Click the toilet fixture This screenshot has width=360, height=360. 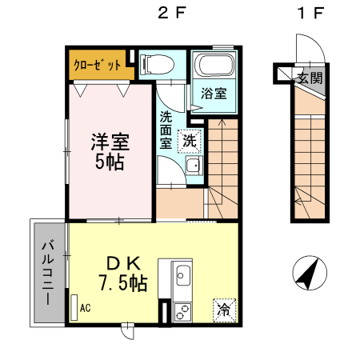point(157,64)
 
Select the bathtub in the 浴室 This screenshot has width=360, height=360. point(214,65)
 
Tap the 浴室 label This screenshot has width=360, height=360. point(214,94)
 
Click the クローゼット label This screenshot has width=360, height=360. point(97,65)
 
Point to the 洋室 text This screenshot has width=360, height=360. point(110,142)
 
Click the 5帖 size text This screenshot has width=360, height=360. point(110,162)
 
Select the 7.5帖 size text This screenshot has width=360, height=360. point(123,282)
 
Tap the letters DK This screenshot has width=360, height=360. point(123,263)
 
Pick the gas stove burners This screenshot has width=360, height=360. point(182,312)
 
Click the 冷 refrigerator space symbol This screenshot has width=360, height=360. point(224,310)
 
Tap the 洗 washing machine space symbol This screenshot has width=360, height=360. point(190,141)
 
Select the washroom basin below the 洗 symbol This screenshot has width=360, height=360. point(194,166)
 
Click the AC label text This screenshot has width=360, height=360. point(86,308)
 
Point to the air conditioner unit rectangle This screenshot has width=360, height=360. point(74,307)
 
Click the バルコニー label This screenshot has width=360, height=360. point(48,273)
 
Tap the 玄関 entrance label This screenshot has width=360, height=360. point(310,78)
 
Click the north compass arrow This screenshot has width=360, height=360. point(309,273)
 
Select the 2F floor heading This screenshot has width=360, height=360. point(171,13)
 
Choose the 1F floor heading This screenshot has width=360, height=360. point(311,13)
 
